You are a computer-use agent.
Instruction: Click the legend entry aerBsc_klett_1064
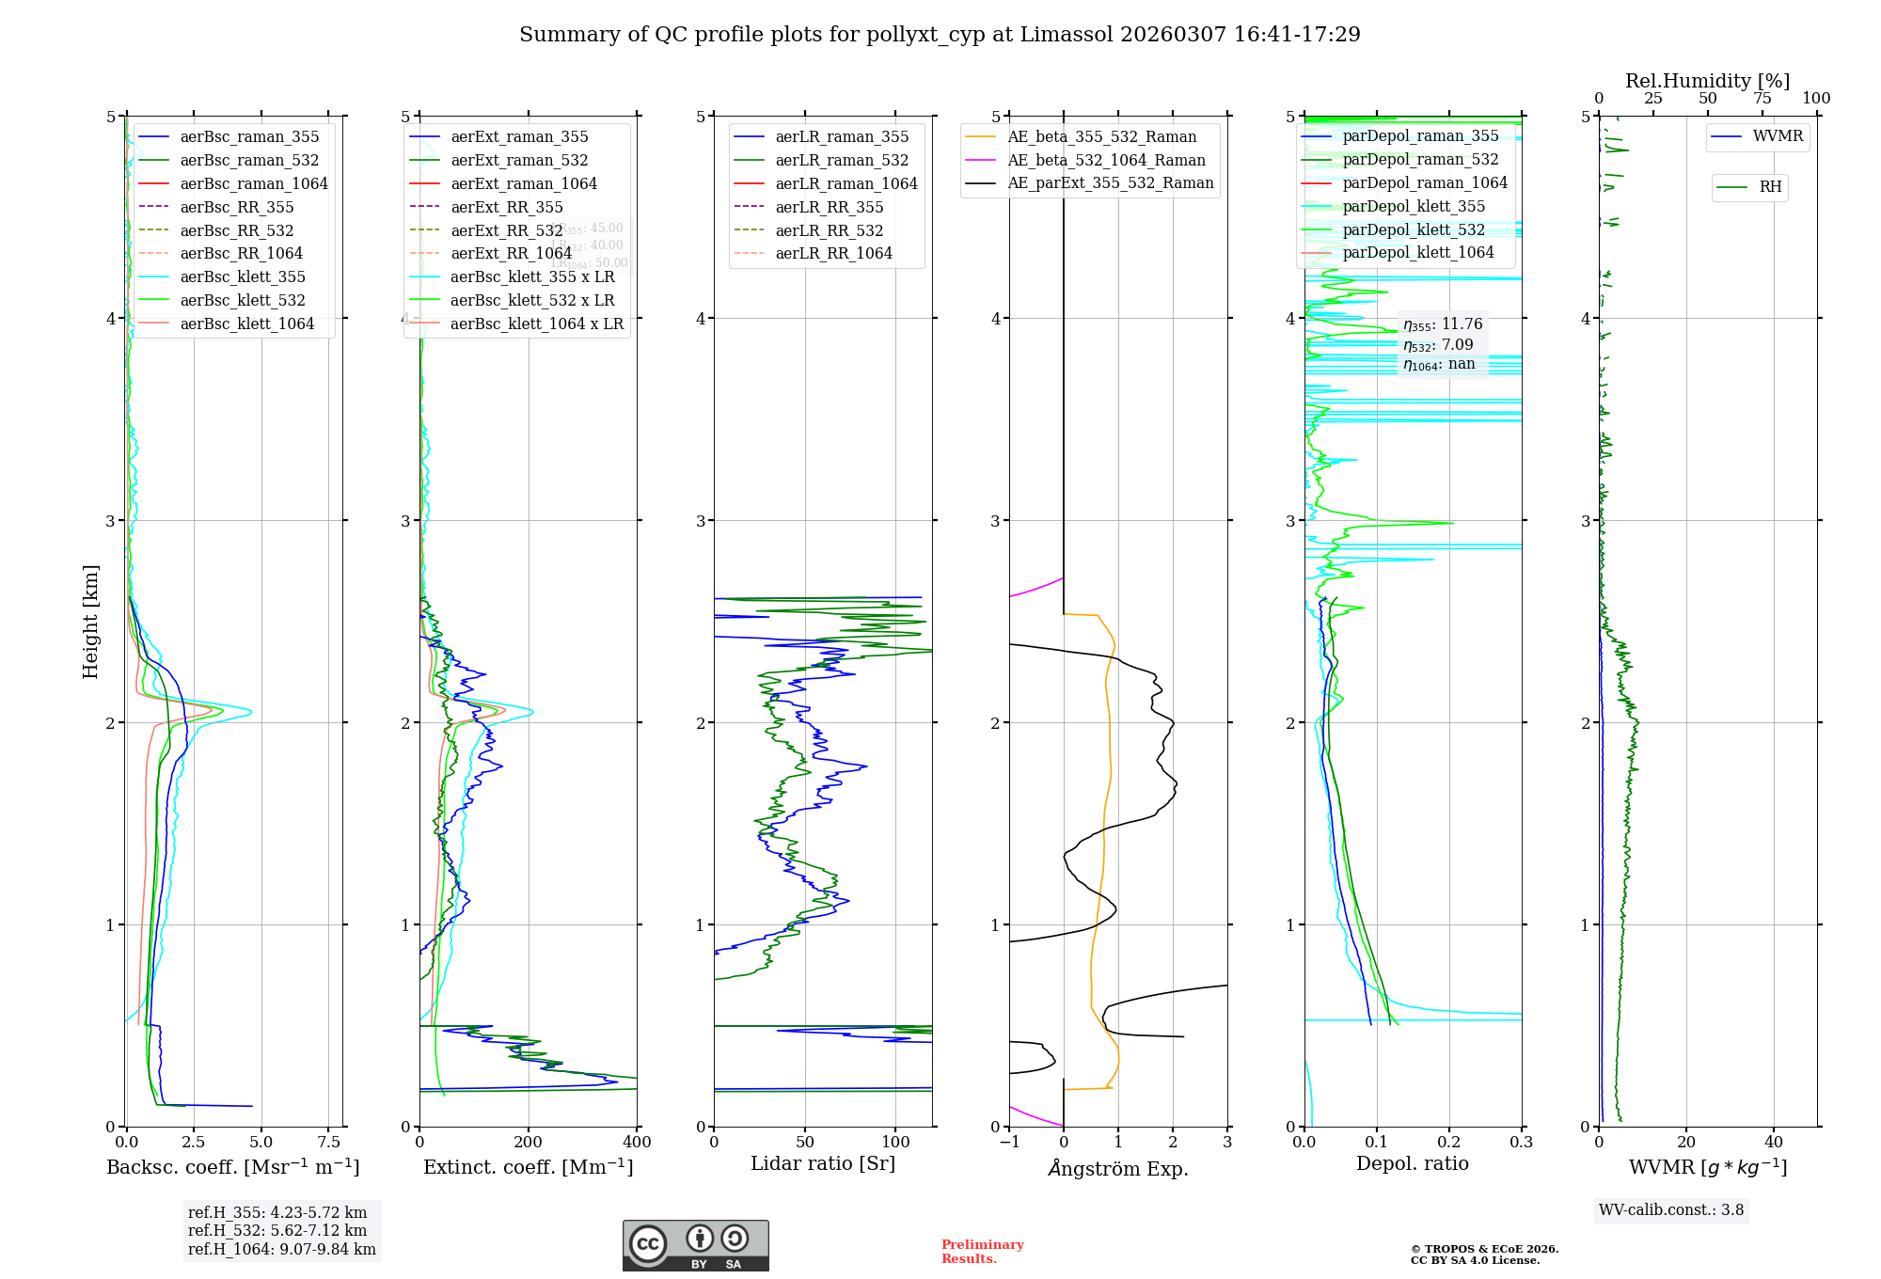pos(246,324)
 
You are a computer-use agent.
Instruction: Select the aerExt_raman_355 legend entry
pos(519,137)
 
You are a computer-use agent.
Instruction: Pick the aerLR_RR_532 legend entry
pos(829,230)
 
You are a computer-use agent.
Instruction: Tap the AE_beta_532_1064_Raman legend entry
pos(1106,160)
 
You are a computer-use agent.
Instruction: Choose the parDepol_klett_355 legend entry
pos(1414,206)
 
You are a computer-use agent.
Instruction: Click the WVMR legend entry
pos(1778,136)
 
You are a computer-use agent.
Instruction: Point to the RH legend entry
pos(1770,187)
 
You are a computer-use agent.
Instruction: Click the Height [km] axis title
pos(90,622)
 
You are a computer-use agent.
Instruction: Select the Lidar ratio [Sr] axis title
pos(823,1163)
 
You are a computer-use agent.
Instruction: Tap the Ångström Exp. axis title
pos(1118,1168)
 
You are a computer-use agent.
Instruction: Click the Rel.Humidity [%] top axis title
pos(1707,81)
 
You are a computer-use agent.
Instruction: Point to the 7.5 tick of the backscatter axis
pos(328,1143)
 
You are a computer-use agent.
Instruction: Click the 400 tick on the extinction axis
pos(638,1143)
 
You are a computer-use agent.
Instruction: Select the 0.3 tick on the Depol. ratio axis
pos(1522,1143)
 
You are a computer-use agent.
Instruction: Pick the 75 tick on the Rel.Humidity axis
pos(1762,99)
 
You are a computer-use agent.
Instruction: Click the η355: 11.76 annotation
pos(1443,324)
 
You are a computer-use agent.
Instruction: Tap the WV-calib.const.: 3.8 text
pos(1671,1210)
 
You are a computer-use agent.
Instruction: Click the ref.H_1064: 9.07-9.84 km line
pos(282,1250)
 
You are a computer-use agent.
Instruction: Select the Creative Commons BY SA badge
pos(695,1245)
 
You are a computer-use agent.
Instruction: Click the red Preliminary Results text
pos(982,1252)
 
